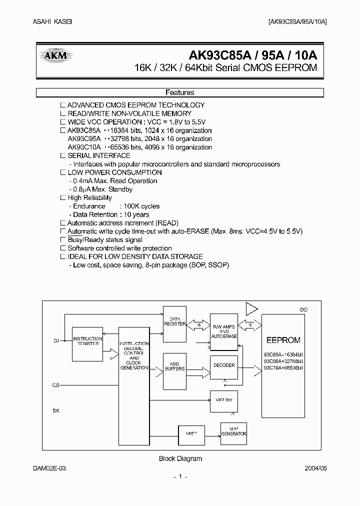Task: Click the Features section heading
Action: pos(180,92)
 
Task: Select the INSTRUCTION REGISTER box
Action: pos(87,344)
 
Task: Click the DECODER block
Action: pos(224,365)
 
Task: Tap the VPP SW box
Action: pos(224,400)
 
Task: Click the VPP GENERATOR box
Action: pos(233,432)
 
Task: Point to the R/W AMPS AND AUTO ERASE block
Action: pos(224,332)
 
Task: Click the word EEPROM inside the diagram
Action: pos(283,340)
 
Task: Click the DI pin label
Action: pos(56,340)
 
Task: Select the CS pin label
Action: pos(55,385)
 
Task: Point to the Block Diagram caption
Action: pos(180,458)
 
